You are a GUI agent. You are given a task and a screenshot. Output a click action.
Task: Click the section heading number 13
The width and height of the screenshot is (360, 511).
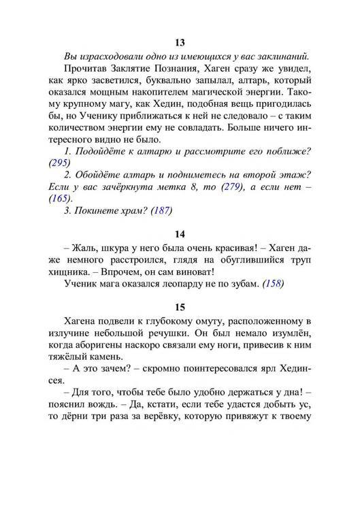[x=180, y=44]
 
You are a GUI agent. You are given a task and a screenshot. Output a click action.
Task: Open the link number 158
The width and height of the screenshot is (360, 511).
[x=272, y=284]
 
